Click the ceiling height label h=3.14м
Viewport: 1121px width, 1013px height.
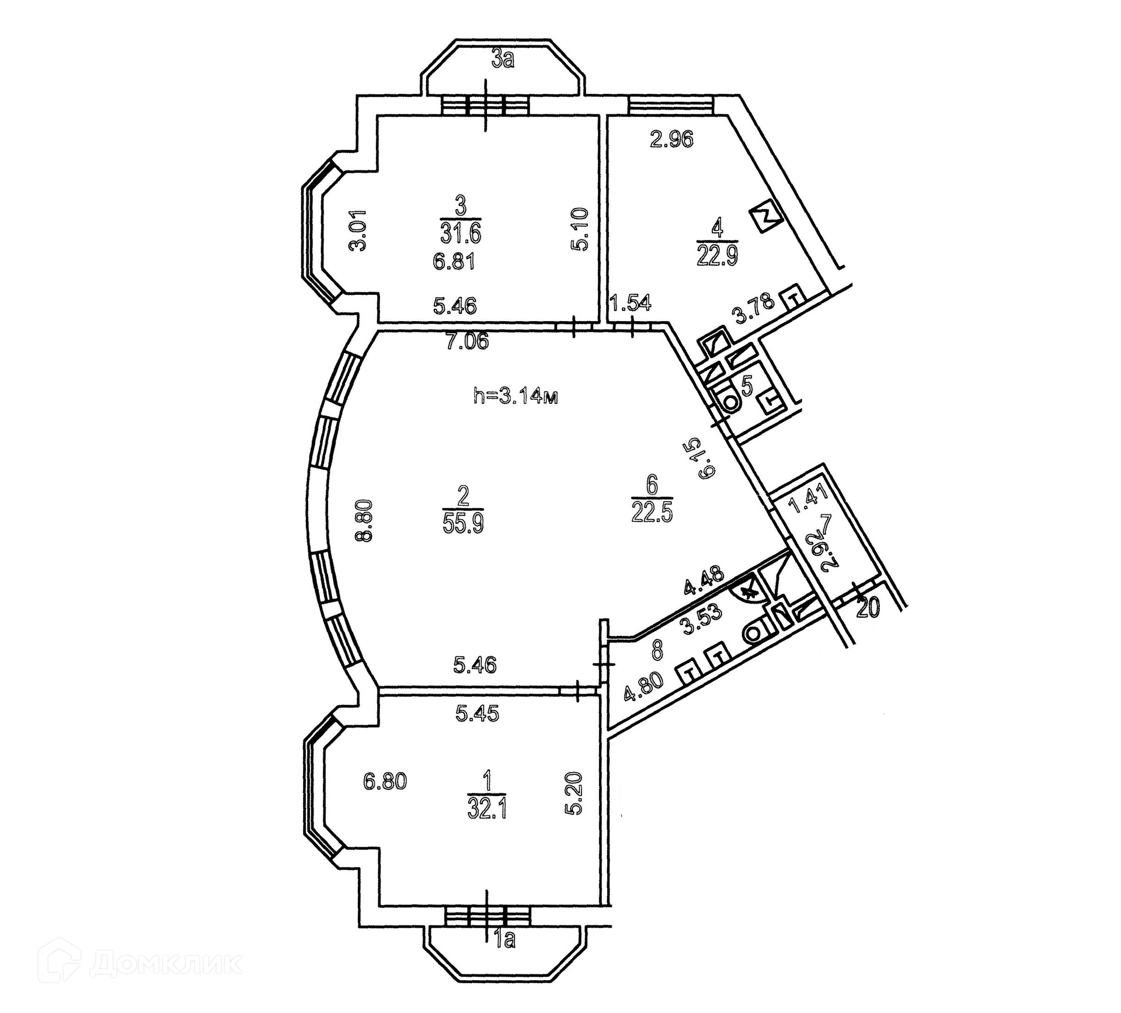point(516,397)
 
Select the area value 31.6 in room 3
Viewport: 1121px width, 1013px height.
point(461,234)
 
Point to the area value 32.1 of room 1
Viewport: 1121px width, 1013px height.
point(486,809)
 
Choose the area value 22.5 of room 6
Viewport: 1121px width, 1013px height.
point(652,513)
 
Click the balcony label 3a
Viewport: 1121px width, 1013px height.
point(503,60)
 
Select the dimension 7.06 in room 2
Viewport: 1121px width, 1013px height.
point(467,340)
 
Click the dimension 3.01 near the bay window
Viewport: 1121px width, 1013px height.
point(358,230)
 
